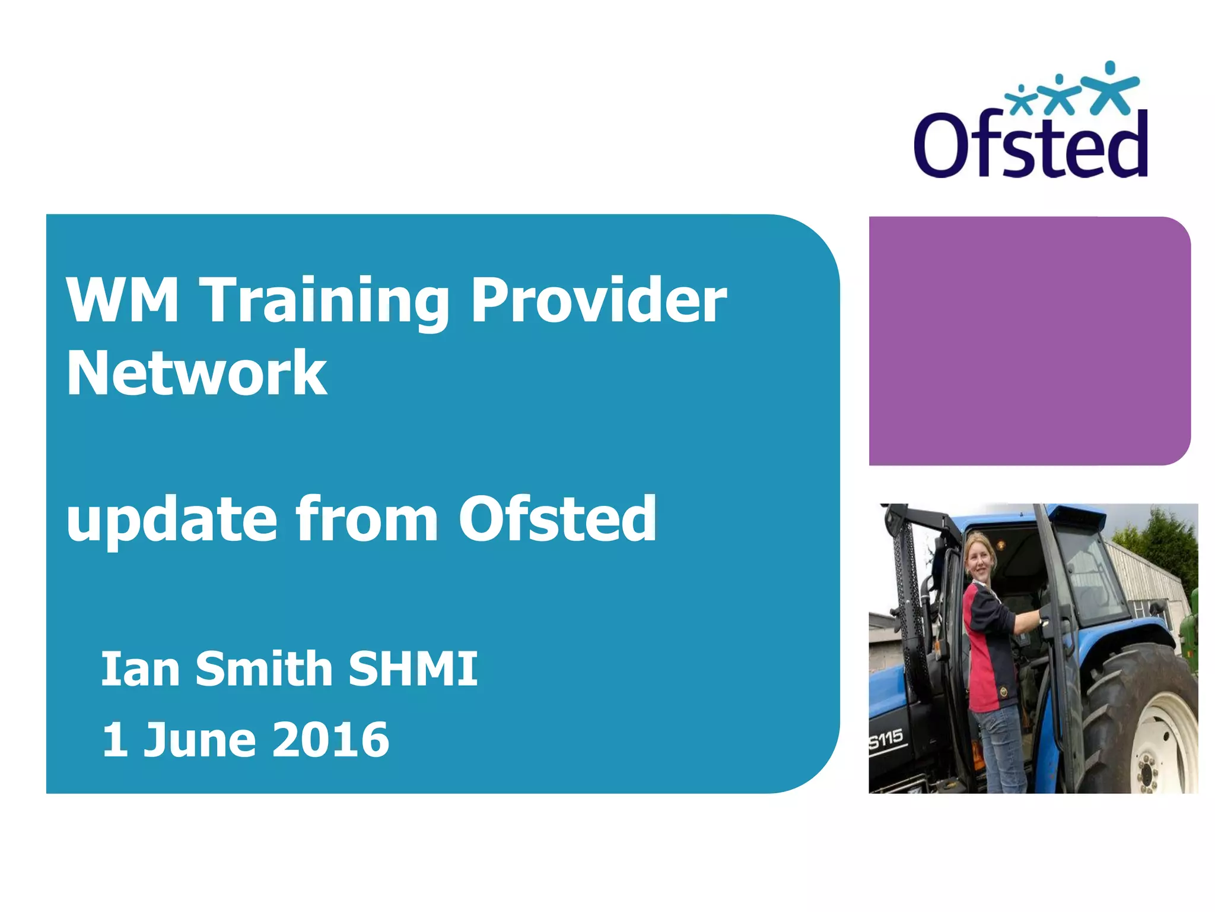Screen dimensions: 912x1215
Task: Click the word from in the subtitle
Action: click(367, 519)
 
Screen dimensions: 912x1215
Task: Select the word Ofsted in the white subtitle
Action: click(558, 519)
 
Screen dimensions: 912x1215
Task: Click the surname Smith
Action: click(264, 669)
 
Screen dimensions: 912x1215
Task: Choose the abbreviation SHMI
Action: click(413, 669)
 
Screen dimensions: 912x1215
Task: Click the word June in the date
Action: click(200, 740)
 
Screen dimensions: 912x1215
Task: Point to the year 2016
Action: click(331, 740)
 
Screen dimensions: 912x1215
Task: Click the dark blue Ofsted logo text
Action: click(1030, 145)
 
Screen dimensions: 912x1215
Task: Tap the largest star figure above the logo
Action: click(1109, 89)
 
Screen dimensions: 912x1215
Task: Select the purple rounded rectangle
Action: click(1029, 341)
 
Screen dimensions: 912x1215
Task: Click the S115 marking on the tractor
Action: click(886, 740)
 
